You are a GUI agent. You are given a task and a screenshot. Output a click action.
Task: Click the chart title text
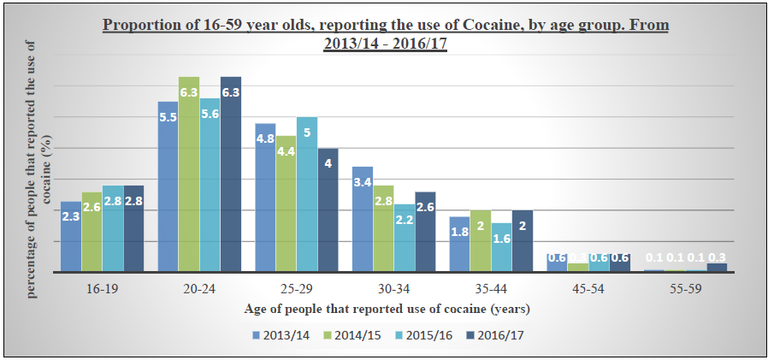click(x=385, y=33)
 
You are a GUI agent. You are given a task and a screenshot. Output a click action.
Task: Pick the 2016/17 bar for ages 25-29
click(x=328, y=210)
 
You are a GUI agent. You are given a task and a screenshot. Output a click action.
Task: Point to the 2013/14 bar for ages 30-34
click(x=362, y=219)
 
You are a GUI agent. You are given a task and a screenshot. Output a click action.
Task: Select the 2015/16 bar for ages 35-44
click(x=500, y=247)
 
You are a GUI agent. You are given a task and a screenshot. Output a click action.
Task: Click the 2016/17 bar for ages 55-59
click(x=717, y=268)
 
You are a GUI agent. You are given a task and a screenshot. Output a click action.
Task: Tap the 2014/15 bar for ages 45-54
click(x=578, y=268)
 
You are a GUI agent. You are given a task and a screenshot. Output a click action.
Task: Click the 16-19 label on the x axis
click(x=102, y=289)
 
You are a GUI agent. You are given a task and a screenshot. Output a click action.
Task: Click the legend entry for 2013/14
click(x=281, y=335)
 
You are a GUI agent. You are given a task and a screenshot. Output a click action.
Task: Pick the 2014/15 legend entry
click(x=353, y=335)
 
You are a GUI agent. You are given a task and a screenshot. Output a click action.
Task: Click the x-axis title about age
click(x=387, y=309)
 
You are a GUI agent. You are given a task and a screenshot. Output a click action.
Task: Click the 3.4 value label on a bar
click(x=362, y=182)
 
